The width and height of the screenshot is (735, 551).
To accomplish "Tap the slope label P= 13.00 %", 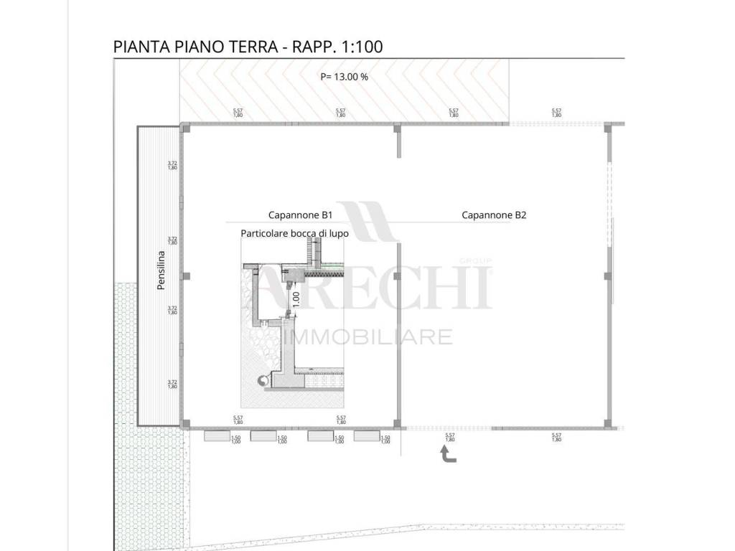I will coord(344,77).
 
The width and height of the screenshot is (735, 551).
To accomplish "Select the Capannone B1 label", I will coord(301,215).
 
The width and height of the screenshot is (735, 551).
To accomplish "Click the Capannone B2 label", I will coord(494,215).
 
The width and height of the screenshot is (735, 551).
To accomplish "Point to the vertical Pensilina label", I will coord(161,270).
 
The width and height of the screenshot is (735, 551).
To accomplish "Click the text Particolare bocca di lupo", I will coord(294,233).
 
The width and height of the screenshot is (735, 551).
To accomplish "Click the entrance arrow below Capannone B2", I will coord(447,455).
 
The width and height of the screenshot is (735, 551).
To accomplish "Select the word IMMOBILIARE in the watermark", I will coord(369,336).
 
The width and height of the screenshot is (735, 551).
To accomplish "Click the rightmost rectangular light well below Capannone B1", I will coord(365,435).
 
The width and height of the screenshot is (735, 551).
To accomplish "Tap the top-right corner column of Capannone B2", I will coord(609,127).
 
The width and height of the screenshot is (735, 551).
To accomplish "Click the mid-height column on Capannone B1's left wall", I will coord(185,276).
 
